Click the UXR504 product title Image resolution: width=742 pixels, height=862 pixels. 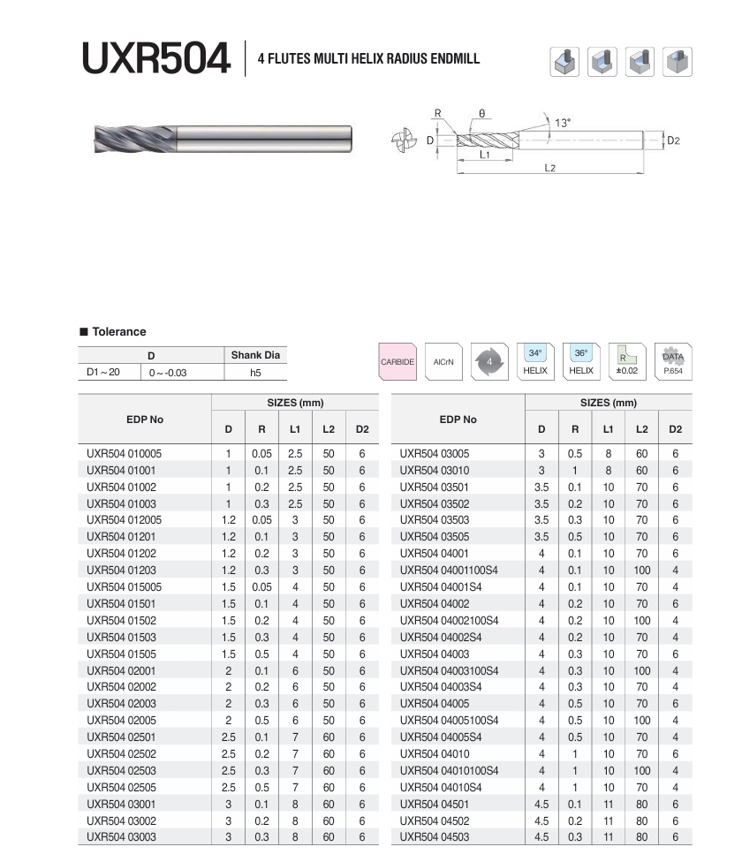tap(155, 59)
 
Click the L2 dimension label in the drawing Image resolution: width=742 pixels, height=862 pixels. tap(549, 167)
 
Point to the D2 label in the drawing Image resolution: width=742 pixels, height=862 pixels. tap(673, 140)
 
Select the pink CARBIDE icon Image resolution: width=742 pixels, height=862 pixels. tap(397, 362)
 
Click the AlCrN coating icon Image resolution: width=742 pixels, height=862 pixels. tap(443, 362)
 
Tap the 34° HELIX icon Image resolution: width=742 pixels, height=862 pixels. tap(535, 361)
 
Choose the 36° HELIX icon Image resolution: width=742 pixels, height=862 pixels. tap(581, 361)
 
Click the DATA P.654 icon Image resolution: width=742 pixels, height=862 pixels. tap(673, 361)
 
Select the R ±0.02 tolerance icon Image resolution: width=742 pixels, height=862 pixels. tap(627, 361)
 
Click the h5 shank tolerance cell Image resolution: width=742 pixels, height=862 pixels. tap(255, 373)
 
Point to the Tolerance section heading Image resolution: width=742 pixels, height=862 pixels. tap(119, 332)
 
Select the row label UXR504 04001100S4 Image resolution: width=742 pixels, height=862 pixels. tap(449, 571)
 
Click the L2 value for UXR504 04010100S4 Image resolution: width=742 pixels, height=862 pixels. tap(642, 771)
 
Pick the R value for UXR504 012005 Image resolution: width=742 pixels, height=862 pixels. tap(261, 520)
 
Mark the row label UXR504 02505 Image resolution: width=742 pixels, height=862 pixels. tap(121, 788)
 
